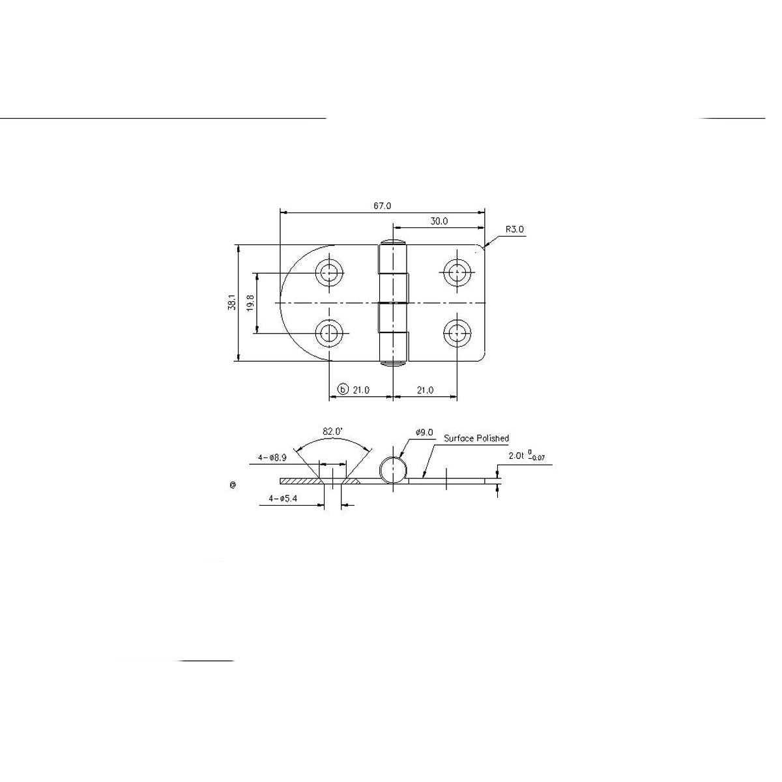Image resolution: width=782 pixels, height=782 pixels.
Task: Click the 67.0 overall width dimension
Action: (383, 206)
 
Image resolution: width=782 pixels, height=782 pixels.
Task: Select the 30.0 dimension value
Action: (439, 222)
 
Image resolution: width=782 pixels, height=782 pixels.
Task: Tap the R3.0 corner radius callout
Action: (514, 229)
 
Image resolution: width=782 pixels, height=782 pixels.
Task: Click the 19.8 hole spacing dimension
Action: (251, 303)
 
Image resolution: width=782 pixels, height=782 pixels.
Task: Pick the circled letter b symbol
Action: (343, 390)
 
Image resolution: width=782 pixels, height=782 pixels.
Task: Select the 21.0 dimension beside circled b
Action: (361, 390)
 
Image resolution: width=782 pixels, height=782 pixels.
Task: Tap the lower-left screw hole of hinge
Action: (330, 334)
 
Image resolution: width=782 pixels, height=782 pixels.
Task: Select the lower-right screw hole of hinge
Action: (457, 334)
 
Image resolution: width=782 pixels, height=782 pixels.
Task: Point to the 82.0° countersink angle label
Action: (332, 431)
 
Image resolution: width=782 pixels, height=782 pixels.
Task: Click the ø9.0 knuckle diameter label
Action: (424, 432)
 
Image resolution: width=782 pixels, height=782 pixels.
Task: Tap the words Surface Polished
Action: (476, 439)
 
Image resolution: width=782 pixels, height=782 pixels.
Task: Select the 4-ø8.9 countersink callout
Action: (272, 457)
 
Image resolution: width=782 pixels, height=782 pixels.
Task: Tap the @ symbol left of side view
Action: (233, 485)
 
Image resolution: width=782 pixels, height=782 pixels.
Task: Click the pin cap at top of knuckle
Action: (394, 243)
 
